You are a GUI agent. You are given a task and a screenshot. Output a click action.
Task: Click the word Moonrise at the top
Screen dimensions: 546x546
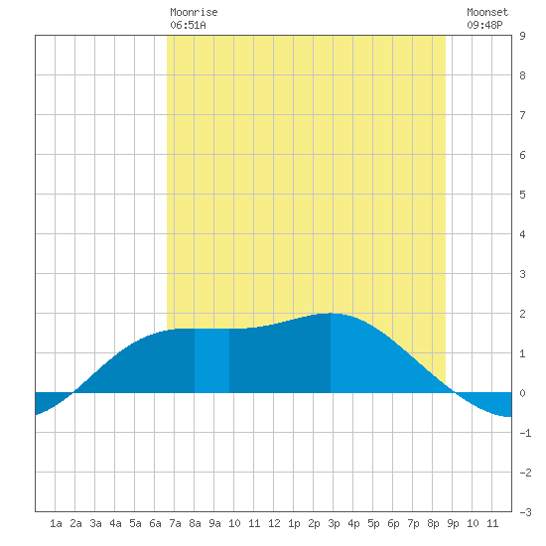[194, 12]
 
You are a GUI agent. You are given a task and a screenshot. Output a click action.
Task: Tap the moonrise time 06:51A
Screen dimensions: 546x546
[188, 25]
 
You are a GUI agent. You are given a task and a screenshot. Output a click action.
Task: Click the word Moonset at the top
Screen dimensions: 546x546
[487, 12]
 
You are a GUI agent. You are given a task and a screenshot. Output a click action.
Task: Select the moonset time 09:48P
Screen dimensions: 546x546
[484, 25]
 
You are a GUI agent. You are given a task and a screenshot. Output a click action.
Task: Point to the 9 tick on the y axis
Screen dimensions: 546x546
[522, 36]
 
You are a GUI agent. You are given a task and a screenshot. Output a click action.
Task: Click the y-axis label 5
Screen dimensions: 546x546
[522, 195]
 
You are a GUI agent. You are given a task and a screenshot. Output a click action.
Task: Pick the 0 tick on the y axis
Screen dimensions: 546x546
[522, 393]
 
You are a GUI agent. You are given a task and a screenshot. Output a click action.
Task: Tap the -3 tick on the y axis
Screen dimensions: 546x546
[525, 512]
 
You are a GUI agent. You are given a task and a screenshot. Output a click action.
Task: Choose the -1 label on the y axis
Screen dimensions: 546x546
[525, 433]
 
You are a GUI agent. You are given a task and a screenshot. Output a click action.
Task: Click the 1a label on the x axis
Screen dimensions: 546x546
[56, 523]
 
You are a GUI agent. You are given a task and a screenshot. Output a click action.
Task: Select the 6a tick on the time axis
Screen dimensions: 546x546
[155, 523]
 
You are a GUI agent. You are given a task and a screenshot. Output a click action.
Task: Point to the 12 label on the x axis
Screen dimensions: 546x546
[274, 523]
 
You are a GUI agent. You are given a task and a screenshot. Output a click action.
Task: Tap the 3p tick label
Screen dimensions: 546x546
[334, 523]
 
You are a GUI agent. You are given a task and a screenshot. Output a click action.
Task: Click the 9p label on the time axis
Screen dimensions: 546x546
[453, 523]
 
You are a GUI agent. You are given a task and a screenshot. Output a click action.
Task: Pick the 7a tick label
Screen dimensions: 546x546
[175, 523]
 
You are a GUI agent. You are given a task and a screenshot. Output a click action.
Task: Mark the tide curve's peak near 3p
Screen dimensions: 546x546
[331, 314]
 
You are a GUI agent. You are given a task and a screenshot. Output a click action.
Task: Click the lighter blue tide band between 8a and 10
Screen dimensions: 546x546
[211, 360]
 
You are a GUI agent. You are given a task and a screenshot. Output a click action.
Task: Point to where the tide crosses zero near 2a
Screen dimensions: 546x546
[73, 393]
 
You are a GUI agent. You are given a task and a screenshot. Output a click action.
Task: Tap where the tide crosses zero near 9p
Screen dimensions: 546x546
[454, 393]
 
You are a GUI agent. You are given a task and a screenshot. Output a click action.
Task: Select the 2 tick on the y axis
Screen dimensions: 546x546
[522, 314]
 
